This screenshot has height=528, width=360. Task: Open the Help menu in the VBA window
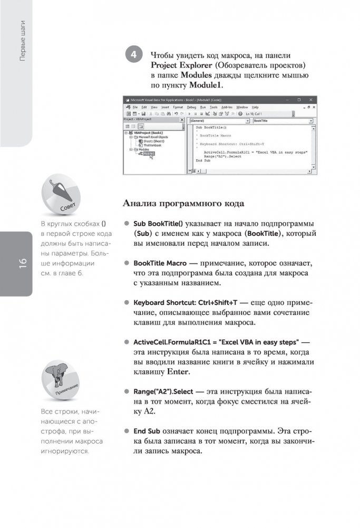point(255,107)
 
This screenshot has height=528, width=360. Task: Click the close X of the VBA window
point(312,99)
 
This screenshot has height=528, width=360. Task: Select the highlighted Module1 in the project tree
point(149,153)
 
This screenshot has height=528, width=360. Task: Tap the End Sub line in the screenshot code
point(202,160)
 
